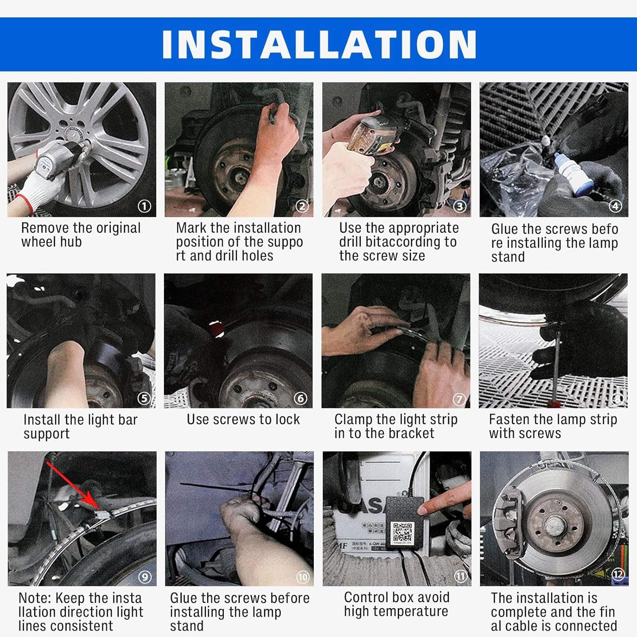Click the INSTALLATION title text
(x=319, y=44)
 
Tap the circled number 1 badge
(x=144, y=206)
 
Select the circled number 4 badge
(x=615, y=206)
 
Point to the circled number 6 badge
(x=301, y=398)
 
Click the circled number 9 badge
(x=145, y=577)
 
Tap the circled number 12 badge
(x=618, y=574)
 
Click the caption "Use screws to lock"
(x=243, y=420)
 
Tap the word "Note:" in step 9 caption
(x=35, y=598)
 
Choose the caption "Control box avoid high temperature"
(x=397, y=604)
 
